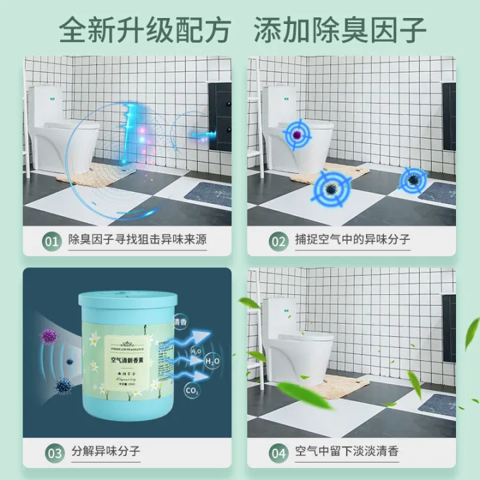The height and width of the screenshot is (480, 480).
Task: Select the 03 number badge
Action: pyautogui.click(x=54, y=452)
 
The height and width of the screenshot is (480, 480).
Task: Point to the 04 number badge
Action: pyautogui.click(x=277, y=452)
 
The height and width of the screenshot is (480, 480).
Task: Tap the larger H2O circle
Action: pyautogui.click(x=211, y=361)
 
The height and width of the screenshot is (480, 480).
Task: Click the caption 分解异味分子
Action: pyautogui.click(x=105, y=452)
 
